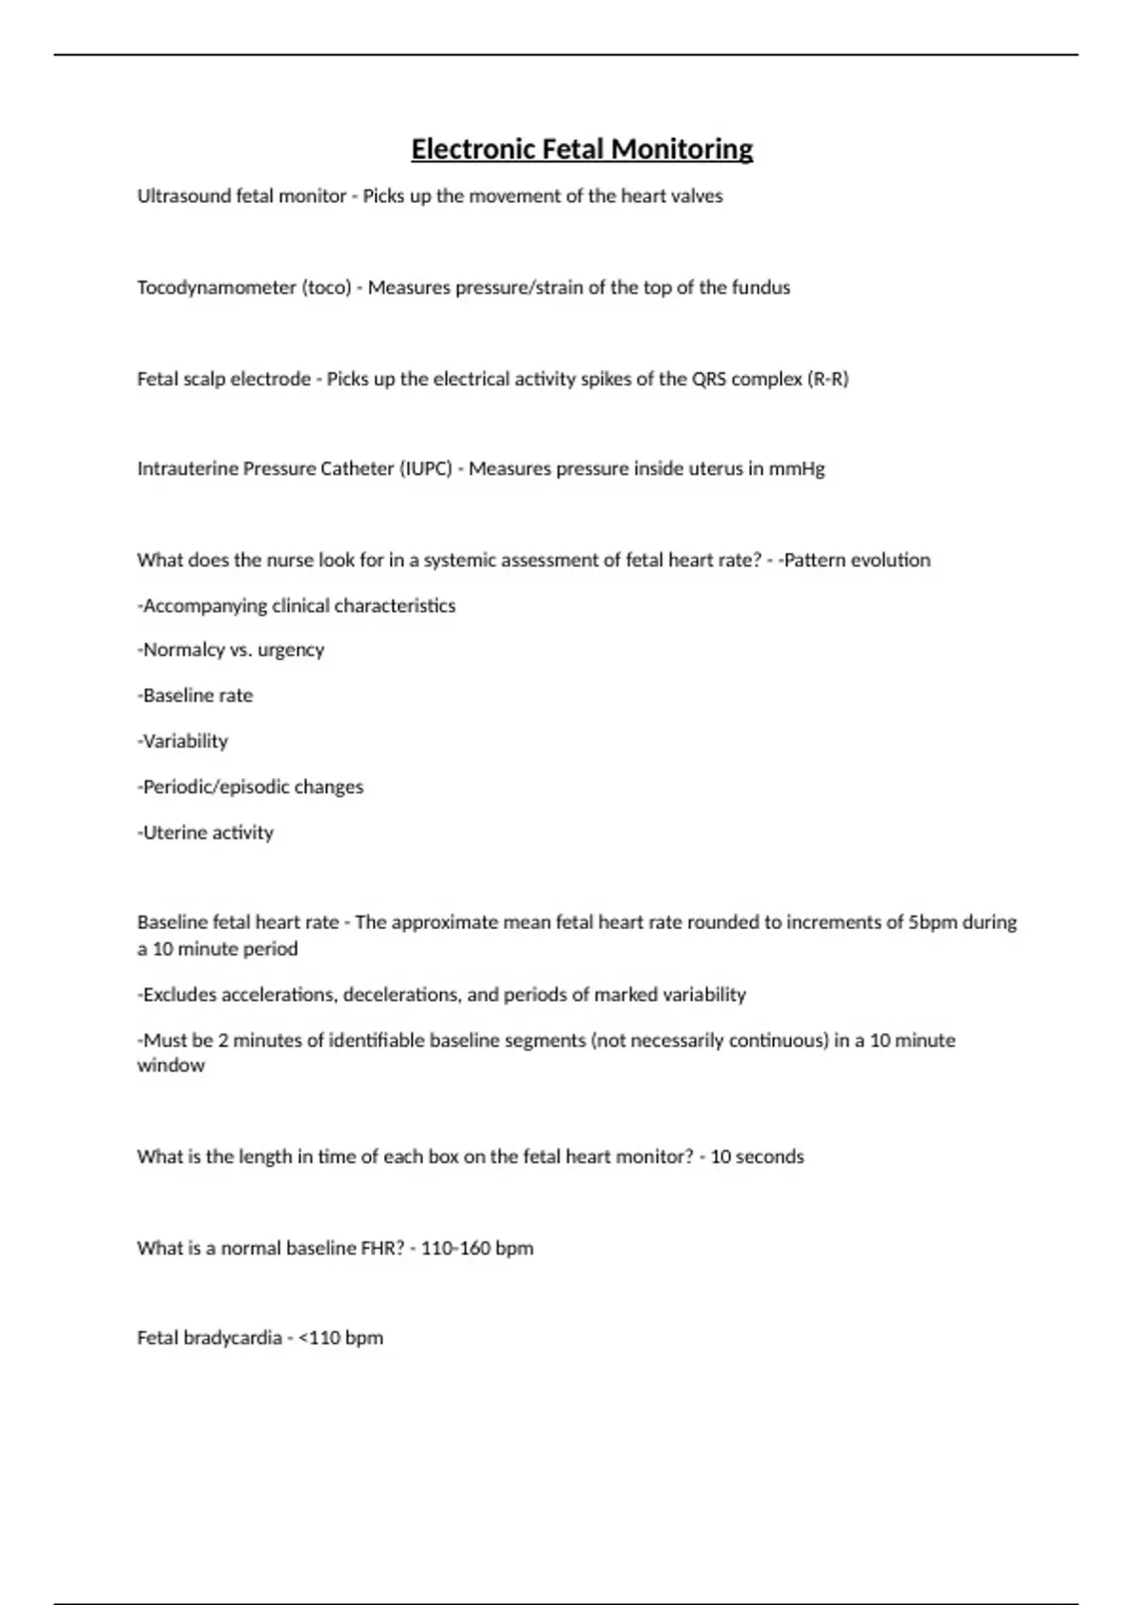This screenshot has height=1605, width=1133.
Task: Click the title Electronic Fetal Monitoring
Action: click(582, 149)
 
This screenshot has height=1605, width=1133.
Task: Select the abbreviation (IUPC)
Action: click(425, 469)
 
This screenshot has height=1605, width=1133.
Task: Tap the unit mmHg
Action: click(797, 469)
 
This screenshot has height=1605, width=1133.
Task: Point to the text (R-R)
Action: click(828, 380)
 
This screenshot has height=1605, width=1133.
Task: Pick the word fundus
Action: click(761, 288)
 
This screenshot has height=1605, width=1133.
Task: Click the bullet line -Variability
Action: click(183, 741)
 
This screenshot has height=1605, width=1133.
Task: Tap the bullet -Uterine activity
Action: click(206, 833)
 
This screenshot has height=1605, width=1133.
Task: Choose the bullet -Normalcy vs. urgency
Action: click(231, 650)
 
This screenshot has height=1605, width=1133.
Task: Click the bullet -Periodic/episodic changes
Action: click(250, 787)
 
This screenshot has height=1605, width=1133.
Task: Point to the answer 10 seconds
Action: click(757, 1157)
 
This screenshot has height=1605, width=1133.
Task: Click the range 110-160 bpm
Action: click(477, 1248)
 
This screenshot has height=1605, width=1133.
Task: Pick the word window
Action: click(171, 1066)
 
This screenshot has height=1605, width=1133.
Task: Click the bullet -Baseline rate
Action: click(195, 696)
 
